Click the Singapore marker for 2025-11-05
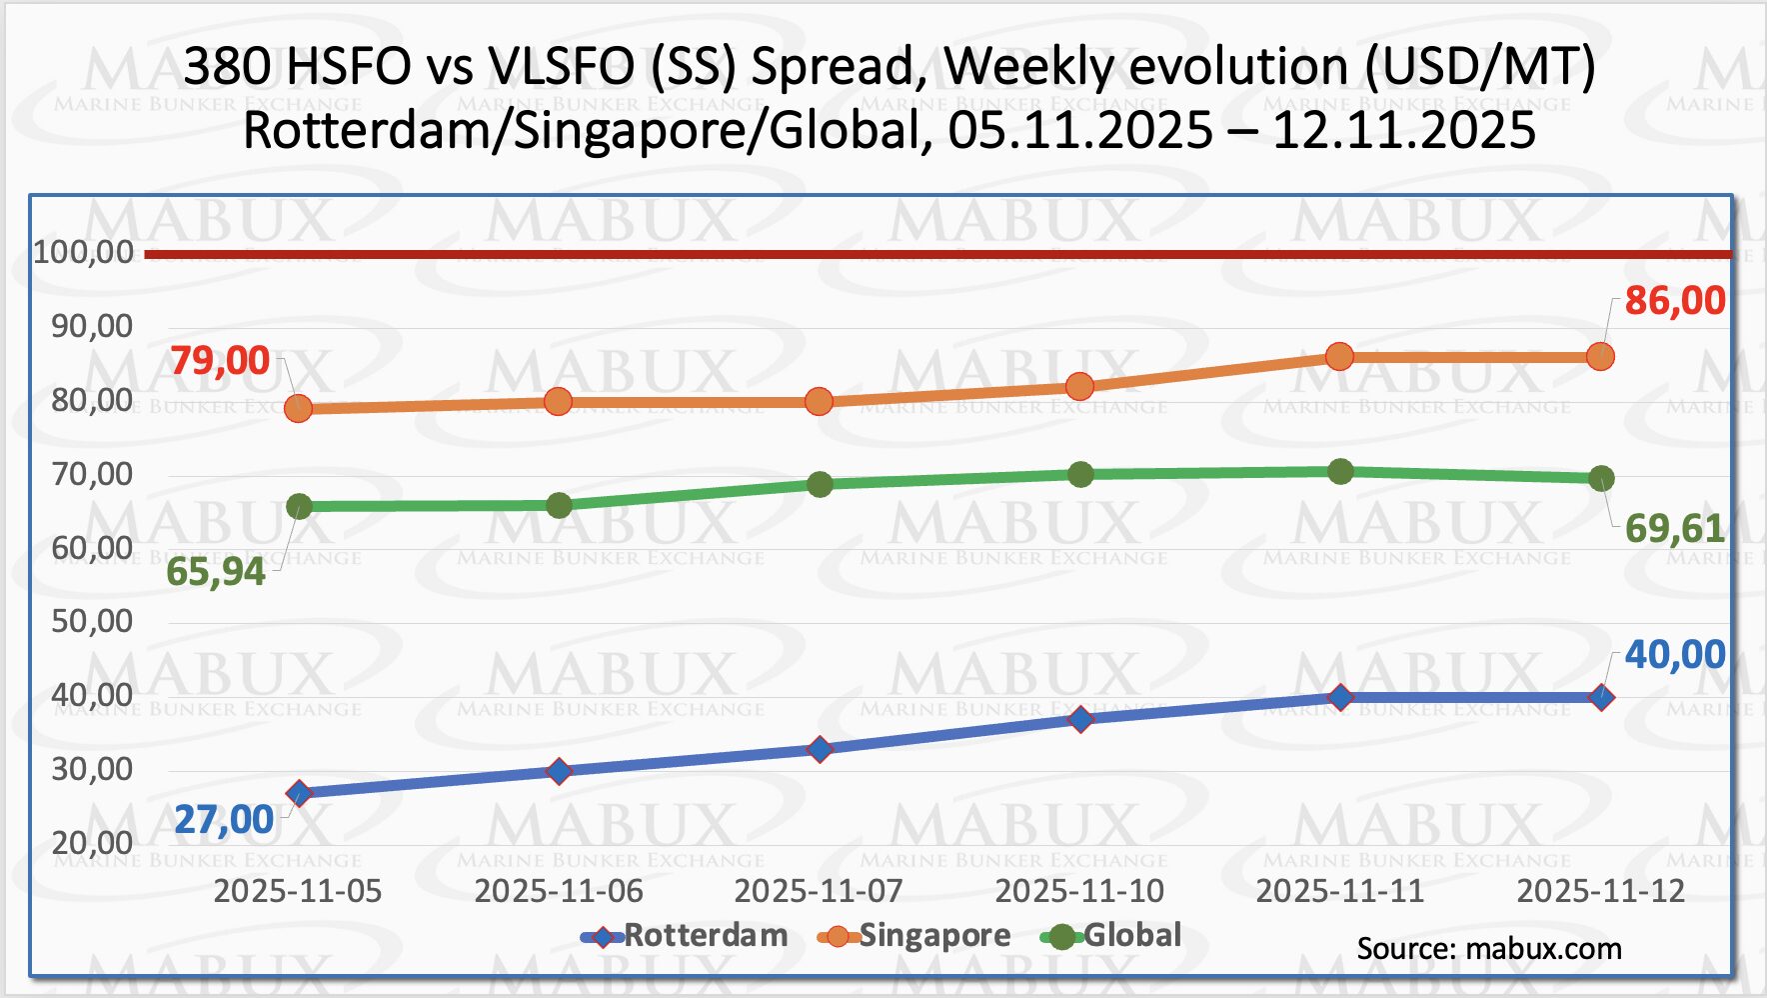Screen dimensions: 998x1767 pos(298,408)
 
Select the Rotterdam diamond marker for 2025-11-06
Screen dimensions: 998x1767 pos(559,771)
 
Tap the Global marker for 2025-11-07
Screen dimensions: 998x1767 pos(820,485)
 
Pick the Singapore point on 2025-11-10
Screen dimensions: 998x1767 pos(1079,387)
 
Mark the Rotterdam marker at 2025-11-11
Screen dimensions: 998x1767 pos(1340,698)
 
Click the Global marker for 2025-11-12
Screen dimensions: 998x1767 pos(1601,478)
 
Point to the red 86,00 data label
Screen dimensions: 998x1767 pos(1674,301)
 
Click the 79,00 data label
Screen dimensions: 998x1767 pos(220,361)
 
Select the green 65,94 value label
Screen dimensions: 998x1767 pos(216,572)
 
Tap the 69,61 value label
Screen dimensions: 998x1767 pos(1674,528)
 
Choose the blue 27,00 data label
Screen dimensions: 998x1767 pos(224,820)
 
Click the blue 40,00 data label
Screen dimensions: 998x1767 pos(1674,655)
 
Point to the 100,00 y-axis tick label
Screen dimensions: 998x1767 pos(84,252)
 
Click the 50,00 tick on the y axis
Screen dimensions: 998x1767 pos(92,622)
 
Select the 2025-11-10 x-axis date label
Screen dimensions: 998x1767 pos(1079,891)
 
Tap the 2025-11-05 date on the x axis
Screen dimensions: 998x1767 pos(298,891)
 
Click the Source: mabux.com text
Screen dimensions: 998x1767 pos(1488,949)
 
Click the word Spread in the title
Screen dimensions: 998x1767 pos(833,67)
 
